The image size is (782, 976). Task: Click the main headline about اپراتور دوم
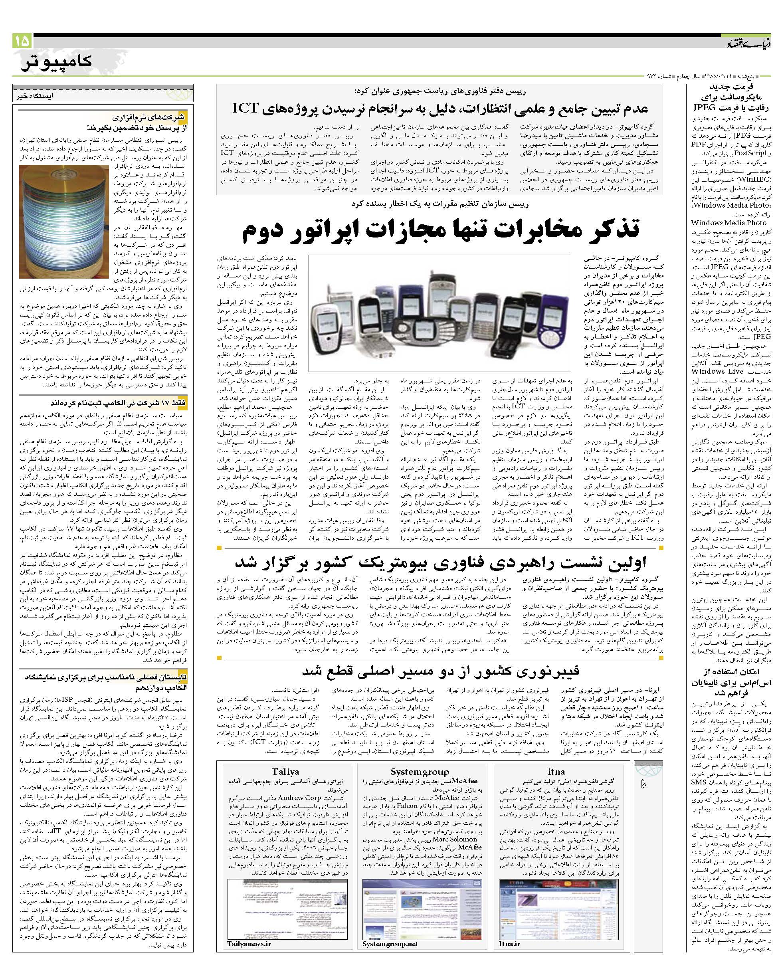[x=440, y=230]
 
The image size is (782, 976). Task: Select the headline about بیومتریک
[x=440, y=562]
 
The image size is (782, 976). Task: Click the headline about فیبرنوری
[x=440, y=671]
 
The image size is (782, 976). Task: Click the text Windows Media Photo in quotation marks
[x=731, y=205]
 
